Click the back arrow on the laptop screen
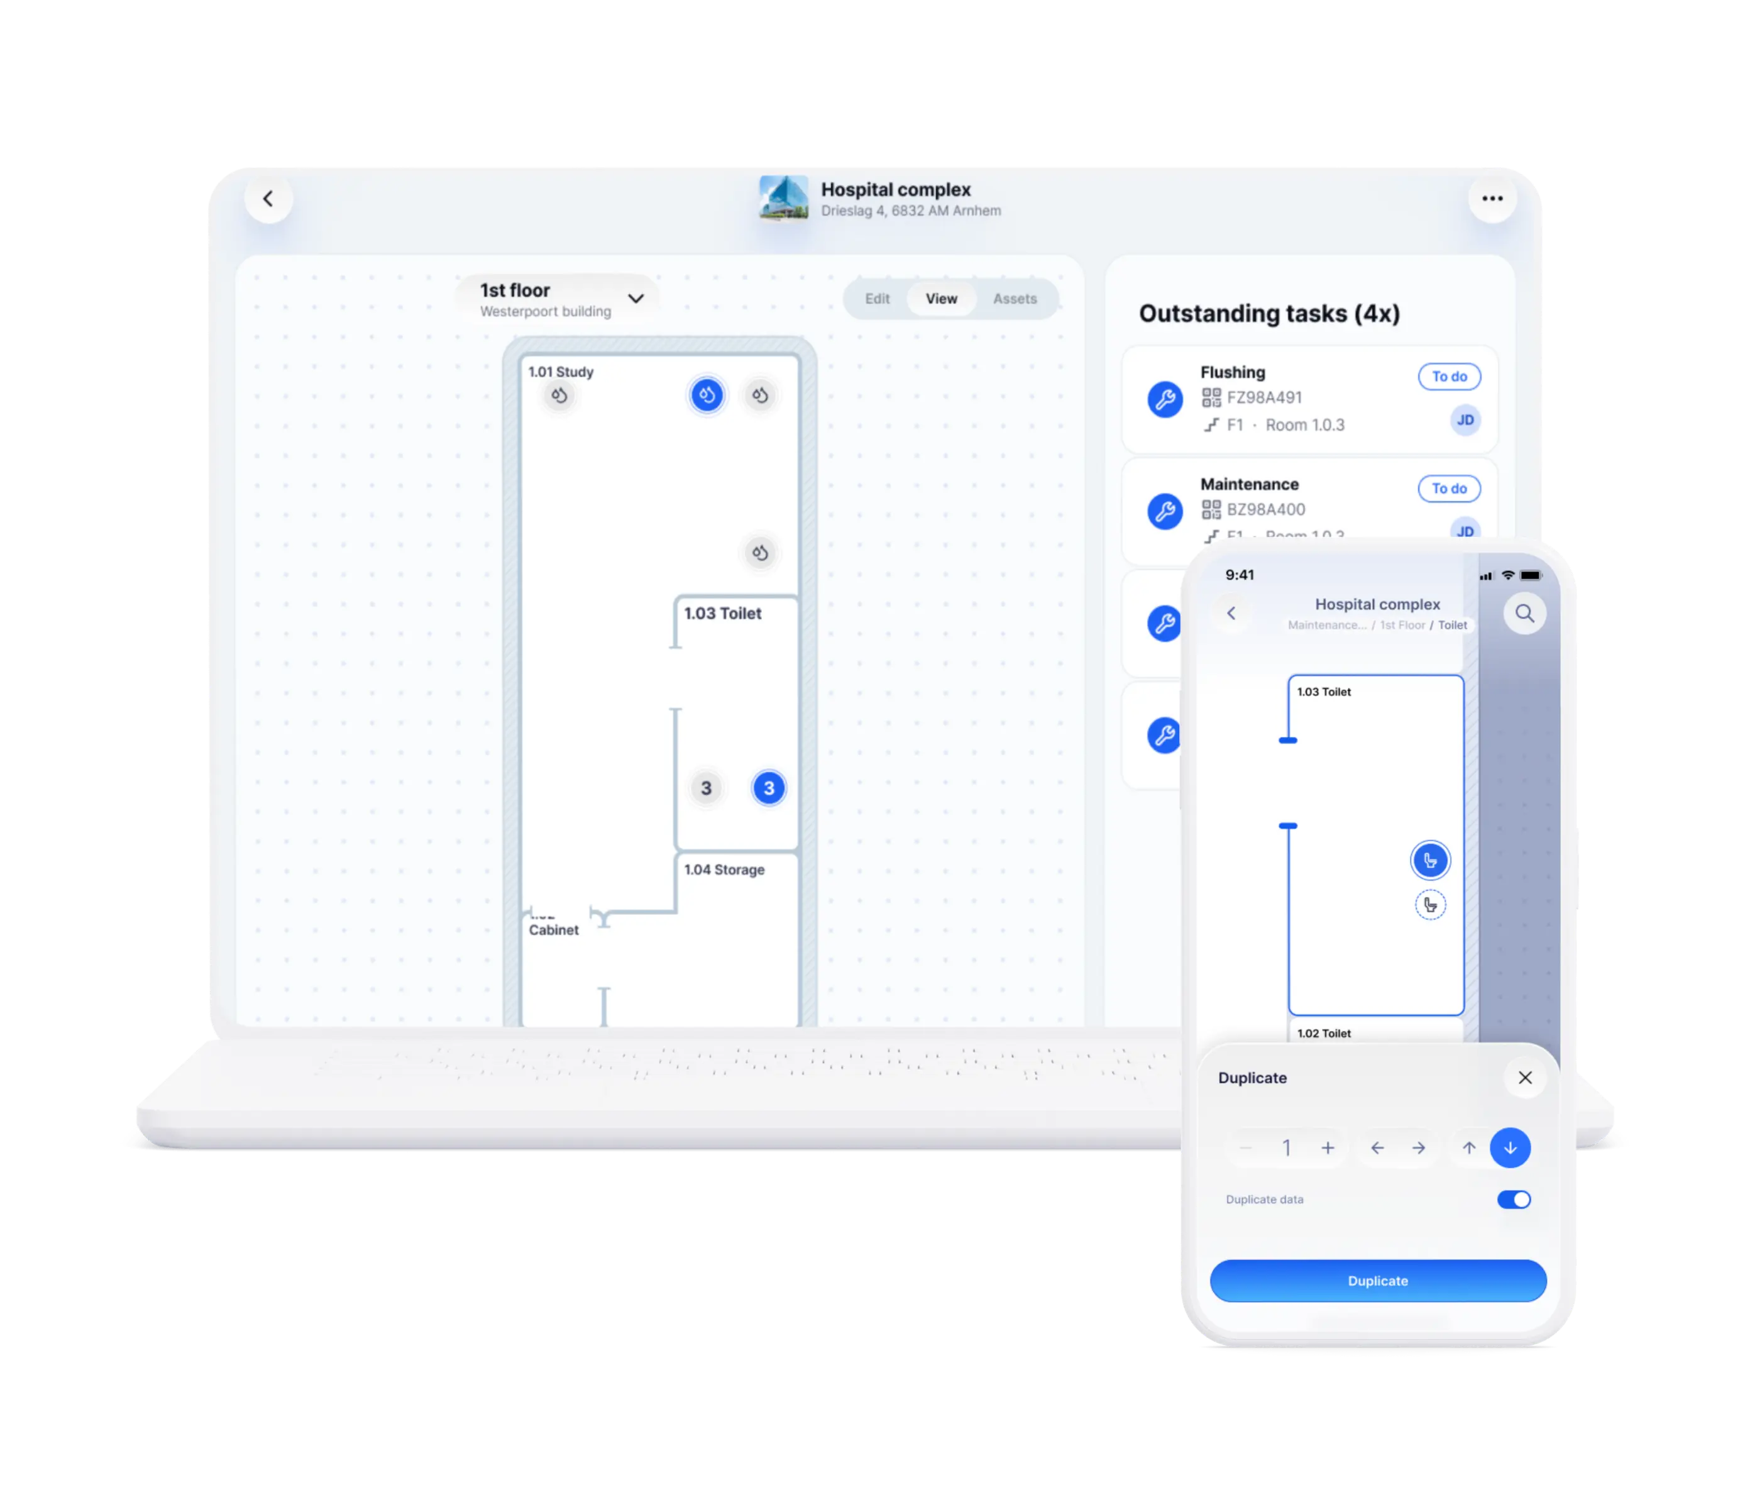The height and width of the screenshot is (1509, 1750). pyautogui.click(x=268, y=199)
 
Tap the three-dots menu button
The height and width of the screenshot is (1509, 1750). pyautogui.click(x=1492, y=199)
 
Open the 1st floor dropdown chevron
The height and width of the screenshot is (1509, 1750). pyautogui.click(x=636, y=298)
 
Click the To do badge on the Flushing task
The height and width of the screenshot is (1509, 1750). pyautogui.click(x=1448, y=377)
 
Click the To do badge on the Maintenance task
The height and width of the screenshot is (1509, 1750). pyautogui.click(x=1448, y=489)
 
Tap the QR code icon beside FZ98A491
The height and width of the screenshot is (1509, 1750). pyautogui.click(x=1211, y=398)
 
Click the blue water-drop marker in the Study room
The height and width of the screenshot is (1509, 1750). pyautogui.click(x=707, y=395)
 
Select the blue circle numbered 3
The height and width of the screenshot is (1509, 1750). pyautogui.click(x=769, y=788)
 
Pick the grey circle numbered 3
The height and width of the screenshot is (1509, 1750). pyautogui.click(x=706, y=788)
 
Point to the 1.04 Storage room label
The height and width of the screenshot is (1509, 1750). pyautogui.click(x=724, y=870)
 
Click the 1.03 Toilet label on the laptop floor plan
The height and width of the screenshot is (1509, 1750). pyautogui.click(x=722, y=614)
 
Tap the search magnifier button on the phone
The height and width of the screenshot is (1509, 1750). pyautogui.click(x=1524, y=614)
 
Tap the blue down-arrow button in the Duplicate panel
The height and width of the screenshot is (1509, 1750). pyautogui.click(x=1510, y=1147)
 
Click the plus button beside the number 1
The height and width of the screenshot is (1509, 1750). pyautogui.click(x=1328, y=1147)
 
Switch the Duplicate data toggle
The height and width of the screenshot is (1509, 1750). pyautogui.click(x=1514, y=1200)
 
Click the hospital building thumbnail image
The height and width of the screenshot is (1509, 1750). pyautogui.click(x=783, y=199)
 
